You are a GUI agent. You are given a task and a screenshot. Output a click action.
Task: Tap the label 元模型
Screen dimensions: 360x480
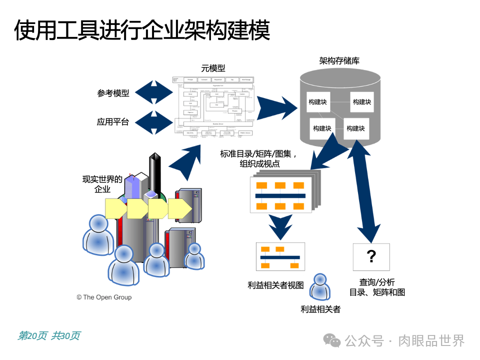click(213, 69)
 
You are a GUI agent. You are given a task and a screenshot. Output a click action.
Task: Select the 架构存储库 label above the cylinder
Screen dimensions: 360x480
click(339, 61)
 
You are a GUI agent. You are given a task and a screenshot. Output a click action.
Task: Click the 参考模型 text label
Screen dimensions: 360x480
click(113, 93)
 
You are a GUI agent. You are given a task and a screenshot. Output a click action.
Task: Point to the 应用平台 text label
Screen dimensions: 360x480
click(113, 121)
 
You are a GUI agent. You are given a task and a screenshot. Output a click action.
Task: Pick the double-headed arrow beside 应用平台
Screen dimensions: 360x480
click(154, 122)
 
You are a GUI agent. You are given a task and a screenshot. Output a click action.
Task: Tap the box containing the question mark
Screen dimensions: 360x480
click(371, 257)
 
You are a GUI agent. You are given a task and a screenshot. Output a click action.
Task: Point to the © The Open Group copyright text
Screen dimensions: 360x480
click(104, 297)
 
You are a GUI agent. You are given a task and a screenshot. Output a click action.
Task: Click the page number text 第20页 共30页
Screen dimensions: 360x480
click(49, 335)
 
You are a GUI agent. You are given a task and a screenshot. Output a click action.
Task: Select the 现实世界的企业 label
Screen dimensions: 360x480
click(102, 184)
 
